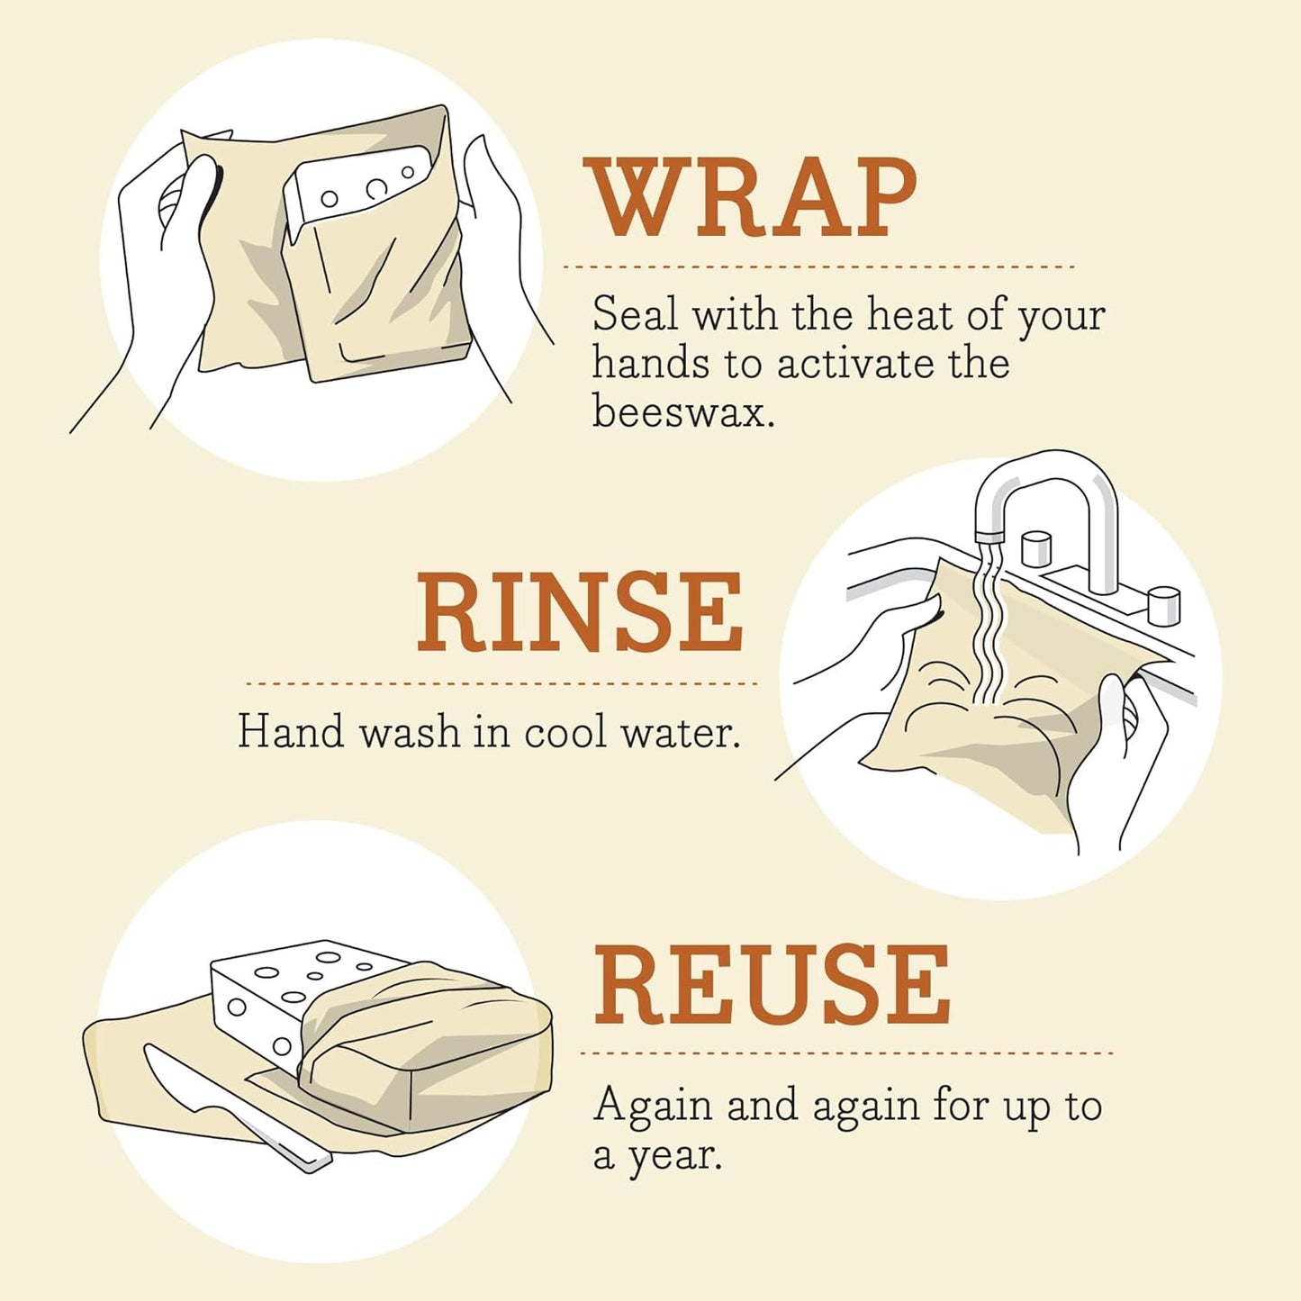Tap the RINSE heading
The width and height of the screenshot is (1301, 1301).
click(x=579, y=611)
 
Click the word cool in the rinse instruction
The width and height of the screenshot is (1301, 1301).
click(x=565, y=731)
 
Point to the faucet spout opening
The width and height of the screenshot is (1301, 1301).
click(x=989, y=537)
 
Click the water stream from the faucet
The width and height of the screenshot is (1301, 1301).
click(x=989, y=630)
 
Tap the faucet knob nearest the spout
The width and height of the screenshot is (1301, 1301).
click(x=1036, y=548)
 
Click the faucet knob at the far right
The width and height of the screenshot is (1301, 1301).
click(x=1163, y=604)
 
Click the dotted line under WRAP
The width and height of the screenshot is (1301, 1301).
click(x=818, y=267)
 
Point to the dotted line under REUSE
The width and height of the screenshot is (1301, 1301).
click(x=846, y=1053)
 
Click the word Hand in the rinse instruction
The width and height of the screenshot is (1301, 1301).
click(x=291, y=731)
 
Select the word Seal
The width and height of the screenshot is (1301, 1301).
click(x=635, y=314)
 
